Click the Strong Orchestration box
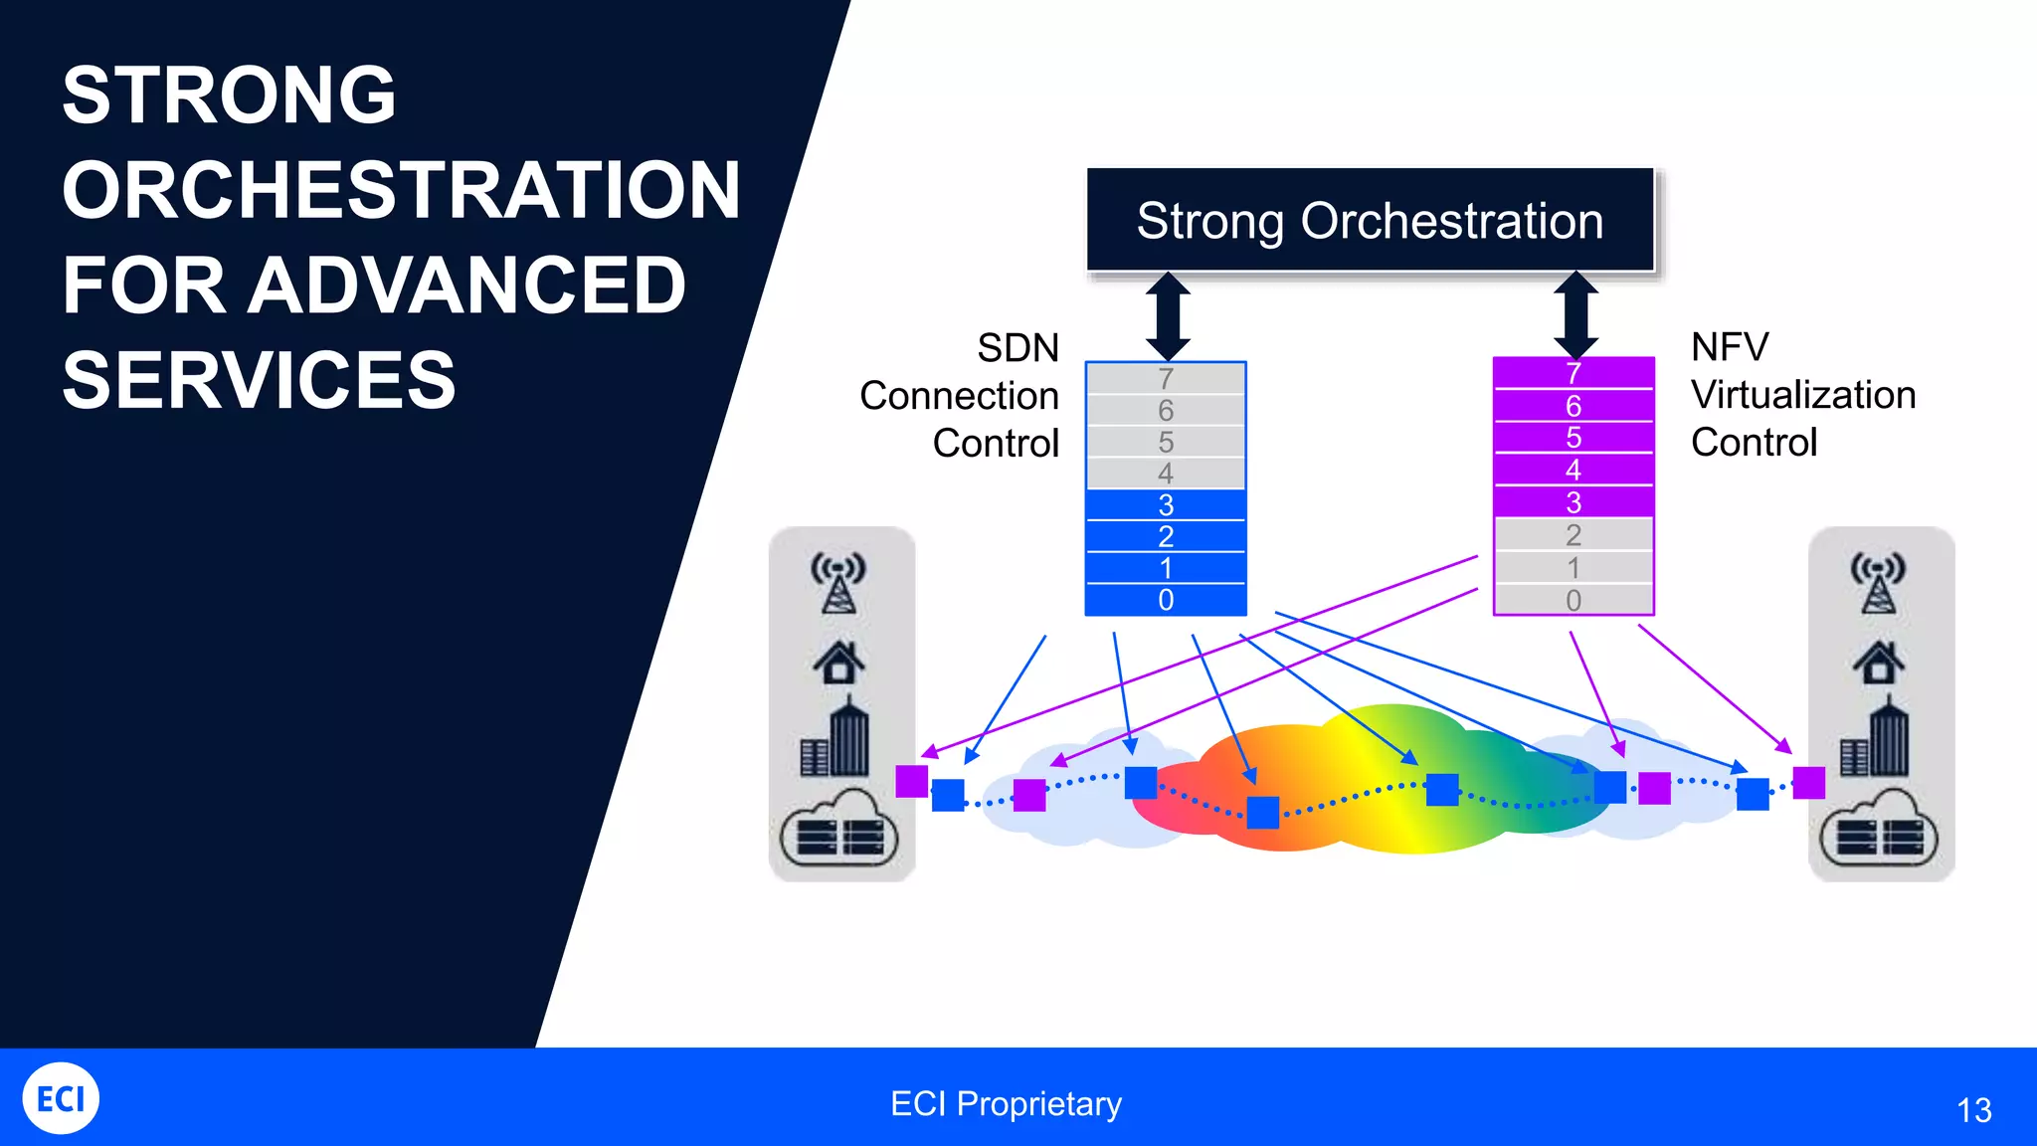1370,220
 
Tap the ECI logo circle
61,1098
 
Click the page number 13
1973,1110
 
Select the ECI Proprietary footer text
1006,1103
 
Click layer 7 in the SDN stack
1166,379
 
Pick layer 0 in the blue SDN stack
1166,600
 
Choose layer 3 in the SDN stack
1166,504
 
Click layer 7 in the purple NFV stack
1573,373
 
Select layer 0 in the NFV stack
1573,600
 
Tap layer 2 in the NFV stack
1573,535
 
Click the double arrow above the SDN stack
1168,316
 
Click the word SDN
1018,348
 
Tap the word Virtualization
1802,395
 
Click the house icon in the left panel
838,662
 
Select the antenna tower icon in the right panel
1877,583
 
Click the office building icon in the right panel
1875,739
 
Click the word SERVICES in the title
259,380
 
